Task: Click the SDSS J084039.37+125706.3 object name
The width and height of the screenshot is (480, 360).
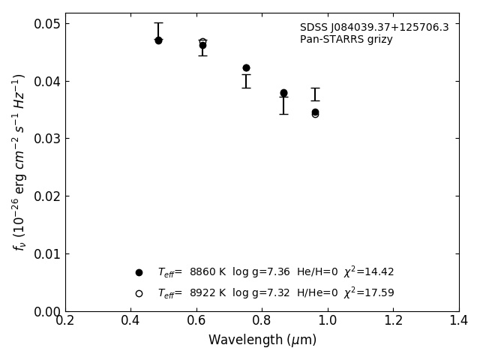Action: tap(374, 28)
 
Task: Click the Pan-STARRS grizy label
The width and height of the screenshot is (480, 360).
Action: tap(346, 40)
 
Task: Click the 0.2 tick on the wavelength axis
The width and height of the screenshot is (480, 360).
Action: tap(65, 321)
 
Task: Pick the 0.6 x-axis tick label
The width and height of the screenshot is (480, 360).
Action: tap(196, 321)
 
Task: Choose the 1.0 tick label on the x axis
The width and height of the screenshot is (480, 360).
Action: tap(328, 321)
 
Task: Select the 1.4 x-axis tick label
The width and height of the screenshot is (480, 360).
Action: tap(458, 321)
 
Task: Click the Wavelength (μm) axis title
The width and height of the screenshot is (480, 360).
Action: tap(262, 340)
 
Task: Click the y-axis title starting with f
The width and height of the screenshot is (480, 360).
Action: tap(19, 161)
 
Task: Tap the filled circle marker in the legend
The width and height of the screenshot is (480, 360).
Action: tap(139, 272)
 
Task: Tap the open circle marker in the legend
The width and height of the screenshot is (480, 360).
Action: tap(139, 293)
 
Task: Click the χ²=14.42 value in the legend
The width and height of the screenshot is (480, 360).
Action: tap(368, 272)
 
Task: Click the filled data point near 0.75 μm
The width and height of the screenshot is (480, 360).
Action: tap(246, 67)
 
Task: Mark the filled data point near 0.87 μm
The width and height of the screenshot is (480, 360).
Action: tap(283, 93)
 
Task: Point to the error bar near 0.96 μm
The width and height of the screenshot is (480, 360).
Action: tap(315, 94)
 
